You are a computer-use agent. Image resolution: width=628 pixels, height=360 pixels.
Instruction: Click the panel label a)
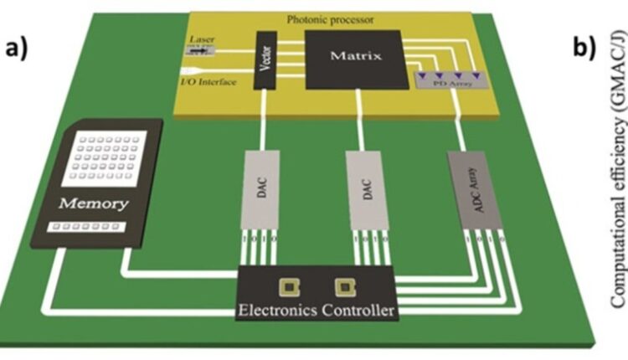click(18, 48)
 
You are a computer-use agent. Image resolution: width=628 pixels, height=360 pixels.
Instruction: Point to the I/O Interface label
click(206, 81)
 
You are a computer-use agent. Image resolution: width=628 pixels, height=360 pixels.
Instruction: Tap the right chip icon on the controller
click(340, 288)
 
